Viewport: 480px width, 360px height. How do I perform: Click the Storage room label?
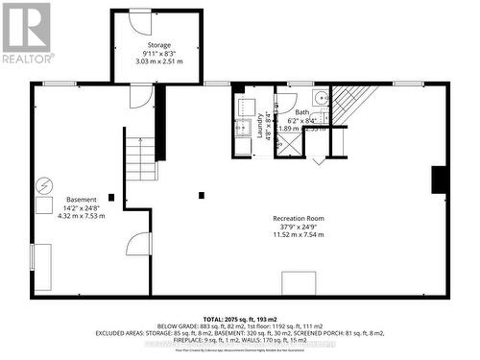click(158, 44)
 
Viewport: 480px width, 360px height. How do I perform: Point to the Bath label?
click(302, 111)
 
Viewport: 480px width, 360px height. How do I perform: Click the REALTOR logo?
click(25, 32)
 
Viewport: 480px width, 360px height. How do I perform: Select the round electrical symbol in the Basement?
click(43, 185)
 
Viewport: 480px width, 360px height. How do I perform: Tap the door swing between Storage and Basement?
click(141, 96)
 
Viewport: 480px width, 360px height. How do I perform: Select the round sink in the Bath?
click(323, 98)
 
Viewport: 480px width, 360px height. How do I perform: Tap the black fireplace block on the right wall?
click(439, 180)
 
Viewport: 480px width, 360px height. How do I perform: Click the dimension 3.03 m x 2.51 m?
click(158, 61)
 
